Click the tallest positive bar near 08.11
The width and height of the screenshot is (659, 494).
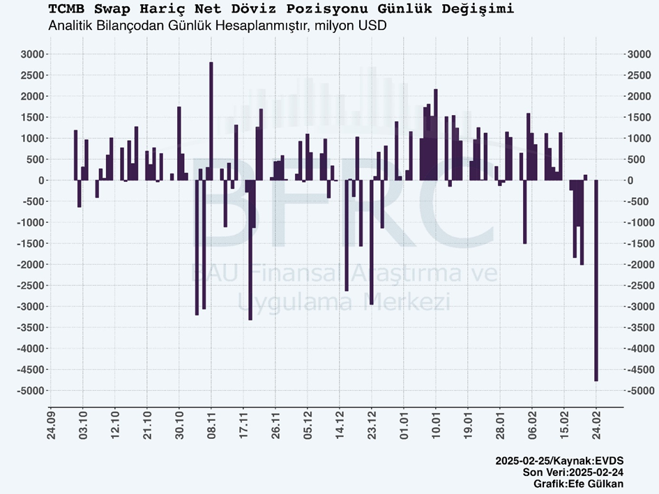(211, 118)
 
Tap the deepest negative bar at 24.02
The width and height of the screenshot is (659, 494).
(596, 279)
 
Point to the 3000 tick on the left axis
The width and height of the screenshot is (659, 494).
(32, 54)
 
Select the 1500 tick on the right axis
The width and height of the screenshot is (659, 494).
(639, 117)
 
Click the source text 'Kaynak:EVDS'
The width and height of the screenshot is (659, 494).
(592, 461)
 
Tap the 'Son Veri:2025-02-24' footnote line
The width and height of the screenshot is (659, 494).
(573, 472)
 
